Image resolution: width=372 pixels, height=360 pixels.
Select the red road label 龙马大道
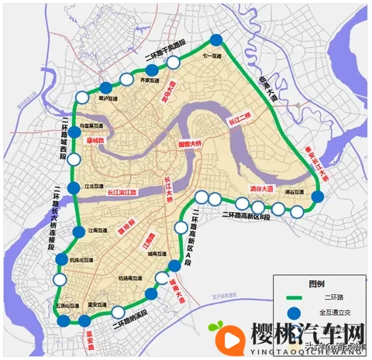pos(170,91)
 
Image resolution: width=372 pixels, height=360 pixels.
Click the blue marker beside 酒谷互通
pos(317,198)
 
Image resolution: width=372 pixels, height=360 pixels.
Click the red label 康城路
pos(96,142)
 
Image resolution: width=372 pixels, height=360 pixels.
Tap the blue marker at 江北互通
pos(73,188)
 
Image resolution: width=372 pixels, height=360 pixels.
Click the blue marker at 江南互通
pos(78,233)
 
